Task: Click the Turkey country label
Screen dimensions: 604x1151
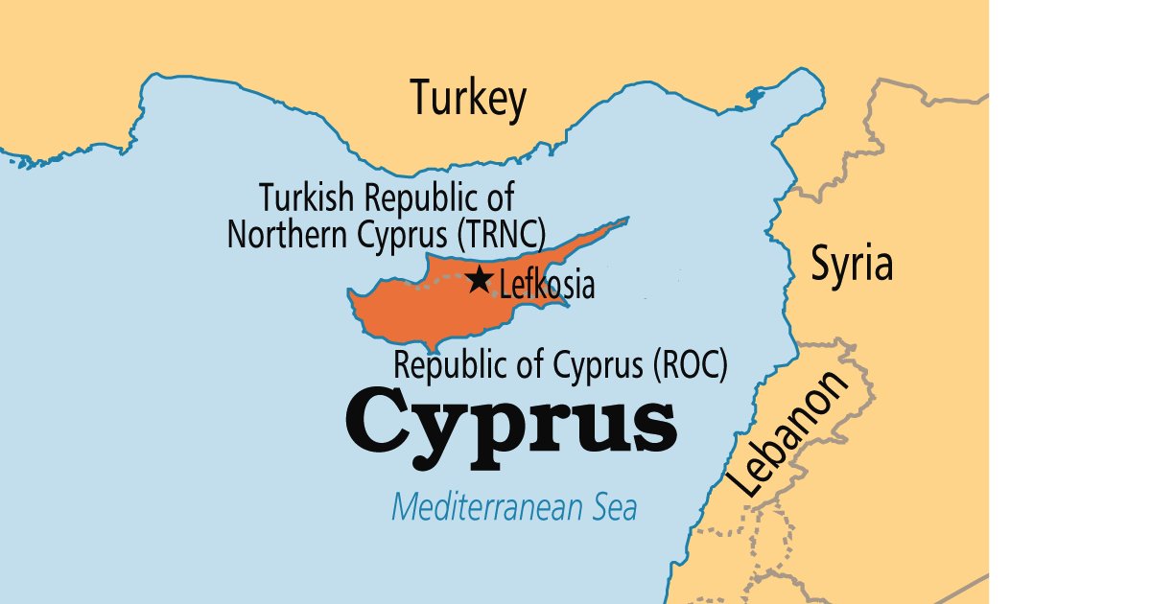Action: pyautogui.click(x=468, y=99)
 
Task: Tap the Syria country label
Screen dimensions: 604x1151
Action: pyautogui.click(x=852, y=264)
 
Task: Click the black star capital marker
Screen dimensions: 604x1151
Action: pyautogui.click(x=479, y=280)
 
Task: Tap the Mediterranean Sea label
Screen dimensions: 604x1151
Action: pyautogui.click(x=513, y=506)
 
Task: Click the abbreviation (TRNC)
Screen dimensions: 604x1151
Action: pyautogui.click(x=499, y=234)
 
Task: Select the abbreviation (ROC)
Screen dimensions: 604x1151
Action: pyautogui.click(x=689, y=365)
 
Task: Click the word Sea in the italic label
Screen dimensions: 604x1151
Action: pyautogui.click(x=611, y=506)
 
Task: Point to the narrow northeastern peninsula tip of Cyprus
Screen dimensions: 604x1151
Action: pyautogui.click(x=623, y=221)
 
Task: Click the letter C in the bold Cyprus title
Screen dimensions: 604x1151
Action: pyautogui.click(x=379, y=420)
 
